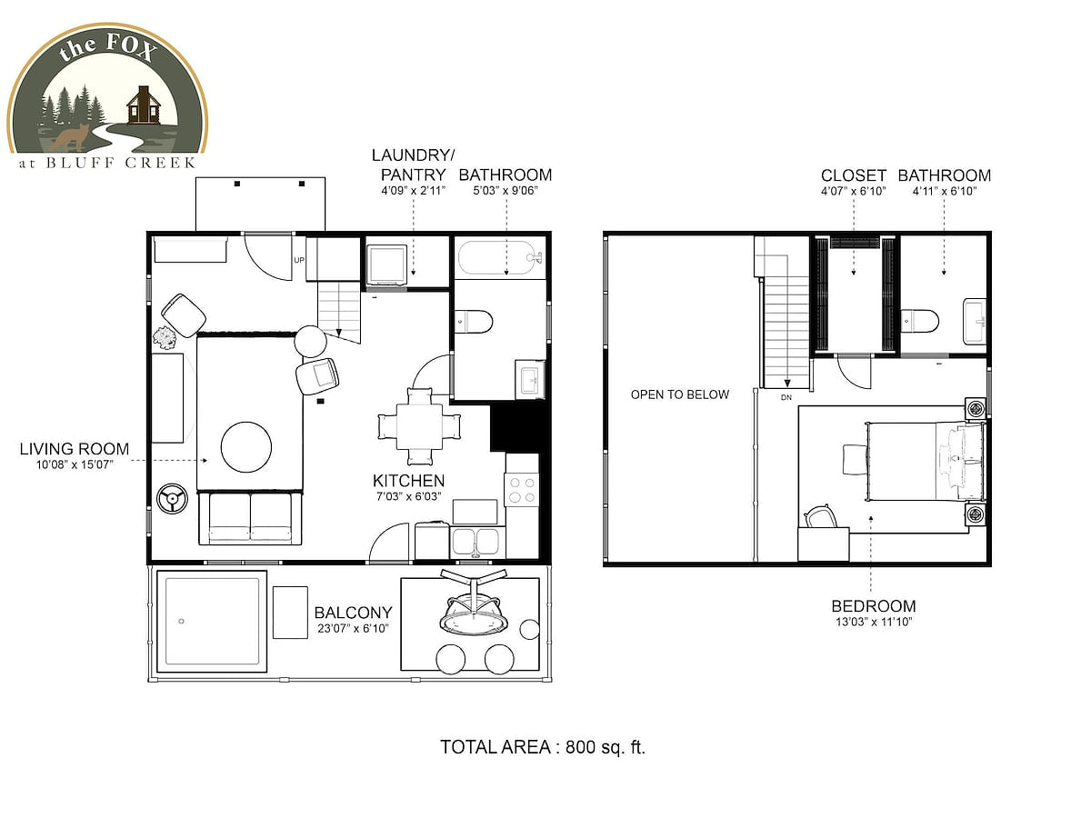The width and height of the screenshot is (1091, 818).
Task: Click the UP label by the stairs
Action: click(x=299, y=260)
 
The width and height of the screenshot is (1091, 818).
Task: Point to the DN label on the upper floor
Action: click(x=786, y=397)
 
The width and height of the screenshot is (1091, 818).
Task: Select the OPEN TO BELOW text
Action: click(x=679, y=394)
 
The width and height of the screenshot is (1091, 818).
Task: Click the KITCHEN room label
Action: click(x=408, y=480)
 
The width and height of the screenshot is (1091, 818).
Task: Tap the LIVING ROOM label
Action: click(x=75, y=449)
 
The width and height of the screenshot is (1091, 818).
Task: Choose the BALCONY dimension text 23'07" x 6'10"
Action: click(x=353, y=628)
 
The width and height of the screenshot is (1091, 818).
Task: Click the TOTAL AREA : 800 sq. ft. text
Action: click(x=543, y=747)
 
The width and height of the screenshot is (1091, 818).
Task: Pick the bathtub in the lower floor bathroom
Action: click(x=500, y=258)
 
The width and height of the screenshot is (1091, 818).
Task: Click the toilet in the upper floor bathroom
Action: click(x=920, y=320)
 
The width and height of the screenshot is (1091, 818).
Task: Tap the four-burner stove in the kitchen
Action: click(x=522, y=489)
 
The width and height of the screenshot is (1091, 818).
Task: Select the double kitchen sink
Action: click(x=476, y=542)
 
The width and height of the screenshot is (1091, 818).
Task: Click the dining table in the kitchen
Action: click(x=419, y=426)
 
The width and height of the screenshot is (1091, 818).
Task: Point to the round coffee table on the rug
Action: click(x=246, y=447)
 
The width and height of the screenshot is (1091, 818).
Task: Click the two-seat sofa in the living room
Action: click(x=250, y=518)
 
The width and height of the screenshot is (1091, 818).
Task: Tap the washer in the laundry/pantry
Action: click(x=386, y=265)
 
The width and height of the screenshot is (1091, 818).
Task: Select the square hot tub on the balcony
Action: click(x=212, y=622)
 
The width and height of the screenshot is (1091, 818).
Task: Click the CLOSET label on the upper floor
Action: click(x=854, y=175)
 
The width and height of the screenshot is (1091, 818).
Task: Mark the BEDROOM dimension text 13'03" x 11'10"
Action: click(x=874, y=622)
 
